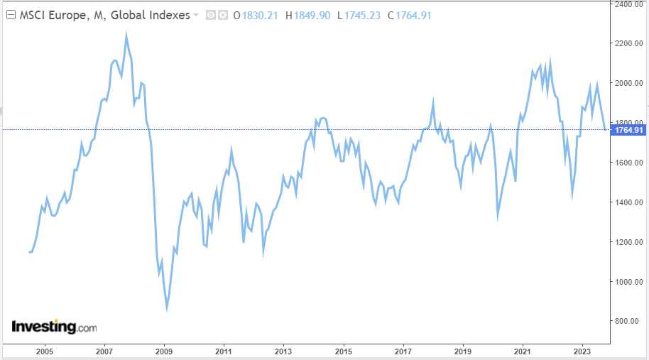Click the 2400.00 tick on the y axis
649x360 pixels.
tap(629, 4)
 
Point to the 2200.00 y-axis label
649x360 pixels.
tap(629, 44)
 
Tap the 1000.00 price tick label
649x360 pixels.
tap(629, 282)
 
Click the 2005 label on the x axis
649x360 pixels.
tap(44, 351)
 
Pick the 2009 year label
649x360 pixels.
tap(164, 351)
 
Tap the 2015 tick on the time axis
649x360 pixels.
tap(344, 351)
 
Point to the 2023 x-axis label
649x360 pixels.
tap(582, 351)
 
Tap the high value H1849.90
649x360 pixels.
tap(307, 15)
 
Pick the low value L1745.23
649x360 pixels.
tap(359, 15)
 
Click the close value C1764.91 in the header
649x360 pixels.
tap(409, 15)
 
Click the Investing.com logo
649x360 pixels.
tap(54, 327)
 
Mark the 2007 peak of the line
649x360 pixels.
tap(126, 36)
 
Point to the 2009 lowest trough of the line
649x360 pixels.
tap(167, 308)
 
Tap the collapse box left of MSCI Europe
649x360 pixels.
tap(10, 15)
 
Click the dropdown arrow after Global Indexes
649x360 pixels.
tap(196, 15)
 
